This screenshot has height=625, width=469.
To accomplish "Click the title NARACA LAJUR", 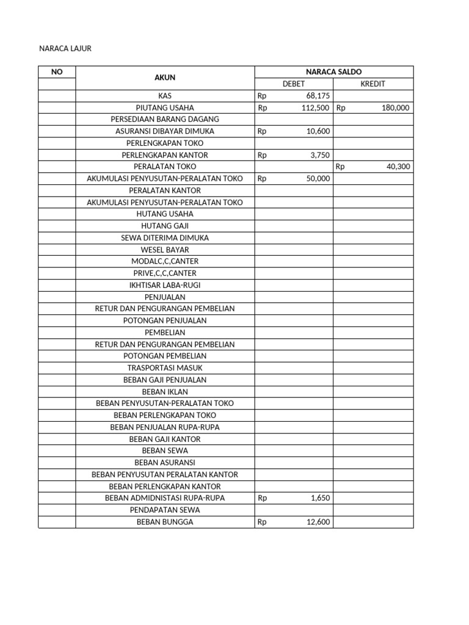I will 65,48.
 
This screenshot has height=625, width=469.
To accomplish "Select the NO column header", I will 57,72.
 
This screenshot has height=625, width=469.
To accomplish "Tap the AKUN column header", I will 165,78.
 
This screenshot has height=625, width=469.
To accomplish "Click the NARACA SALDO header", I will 333,72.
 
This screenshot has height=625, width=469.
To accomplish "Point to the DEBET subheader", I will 294,84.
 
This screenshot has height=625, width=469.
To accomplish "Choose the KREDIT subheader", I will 373,84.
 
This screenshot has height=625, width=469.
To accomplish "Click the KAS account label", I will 165,96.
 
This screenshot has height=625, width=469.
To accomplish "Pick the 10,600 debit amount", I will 318,131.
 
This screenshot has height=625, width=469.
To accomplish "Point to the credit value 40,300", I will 398,167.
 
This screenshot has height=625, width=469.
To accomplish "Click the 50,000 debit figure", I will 318,179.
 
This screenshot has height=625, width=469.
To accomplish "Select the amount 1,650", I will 320,498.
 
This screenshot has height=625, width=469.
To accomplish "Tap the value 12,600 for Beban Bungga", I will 318,522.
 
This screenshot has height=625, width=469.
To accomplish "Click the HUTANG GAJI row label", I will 165,226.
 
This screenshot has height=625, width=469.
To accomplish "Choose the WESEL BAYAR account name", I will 165,250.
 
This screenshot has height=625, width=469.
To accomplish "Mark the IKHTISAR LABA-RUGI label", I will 165,285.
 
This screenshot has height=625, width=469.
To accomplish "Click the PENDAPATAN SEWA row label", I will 165,510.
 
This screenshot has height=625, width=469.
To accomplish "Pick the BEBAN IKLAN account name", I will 165,392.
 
